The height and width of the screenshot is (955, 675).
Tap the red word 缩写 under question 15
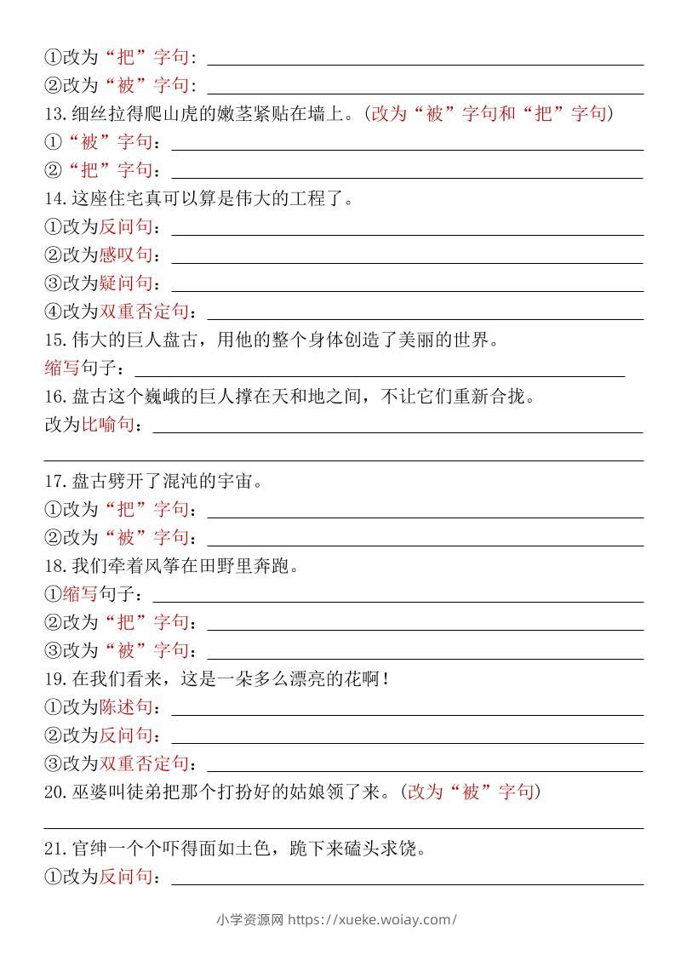tap(62, 368)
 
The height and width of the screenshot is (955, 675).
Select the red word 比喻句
tap(107, 424)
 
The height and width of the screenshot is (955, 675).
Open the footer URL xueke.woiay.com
tap(373, 919)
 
